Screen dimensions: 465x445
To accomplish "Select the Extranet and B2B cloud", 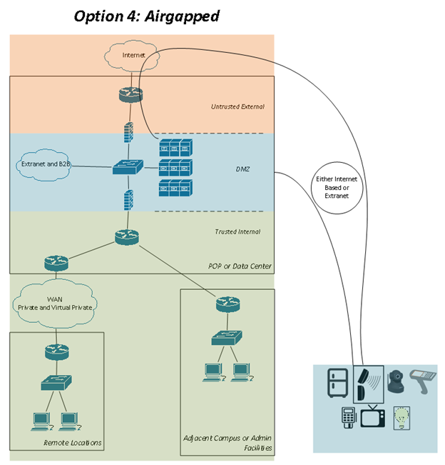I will click(x=45, y=164).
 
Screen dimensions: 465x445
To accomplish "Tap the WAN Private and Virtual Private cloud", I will click(x=55, y=301).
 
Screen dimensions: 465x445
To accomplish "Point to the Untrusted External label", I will click(x=237, y=106).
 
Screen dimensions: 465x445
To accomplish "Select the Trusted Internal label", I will click(x=237, y=231).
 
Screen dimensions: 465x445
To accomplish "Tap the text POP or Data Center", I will click(x=240, y=266).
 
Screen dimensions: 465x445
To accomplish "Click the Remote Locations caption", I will click(x=73, y=443).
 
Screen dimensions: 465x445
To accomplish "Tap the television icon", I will click(x=371, y=416).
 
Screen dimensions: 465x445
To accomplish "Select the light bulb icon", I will click(x=401, y=417).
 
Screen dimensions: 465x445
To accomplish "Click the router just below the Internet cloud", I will click(x=131, y=94).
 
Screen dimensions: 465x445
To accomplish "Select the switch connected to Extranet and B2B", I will click(x=128, y=168).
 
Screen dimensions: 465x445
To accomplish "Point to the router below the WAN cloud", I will click(x=55, y=351).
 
